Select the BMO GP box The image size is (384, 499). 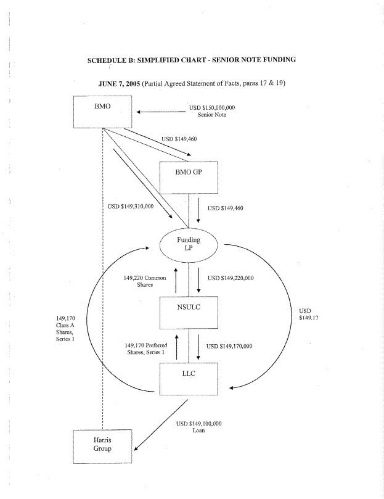189,177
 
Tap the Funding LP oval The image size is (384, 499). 189,244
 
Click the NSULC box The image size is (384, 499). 189,312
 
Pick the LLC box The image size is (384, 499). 189,378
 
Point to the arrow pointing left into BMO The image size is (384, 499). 161,112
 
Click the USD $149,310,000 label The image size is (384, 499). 131,207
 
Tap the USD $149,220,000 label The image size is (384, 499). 231,278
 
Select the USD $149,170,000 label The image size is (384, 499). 229,346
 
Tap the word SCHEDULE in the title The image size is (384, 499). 114,59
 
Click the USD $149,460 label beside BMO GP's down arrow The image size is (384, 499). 226,208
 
